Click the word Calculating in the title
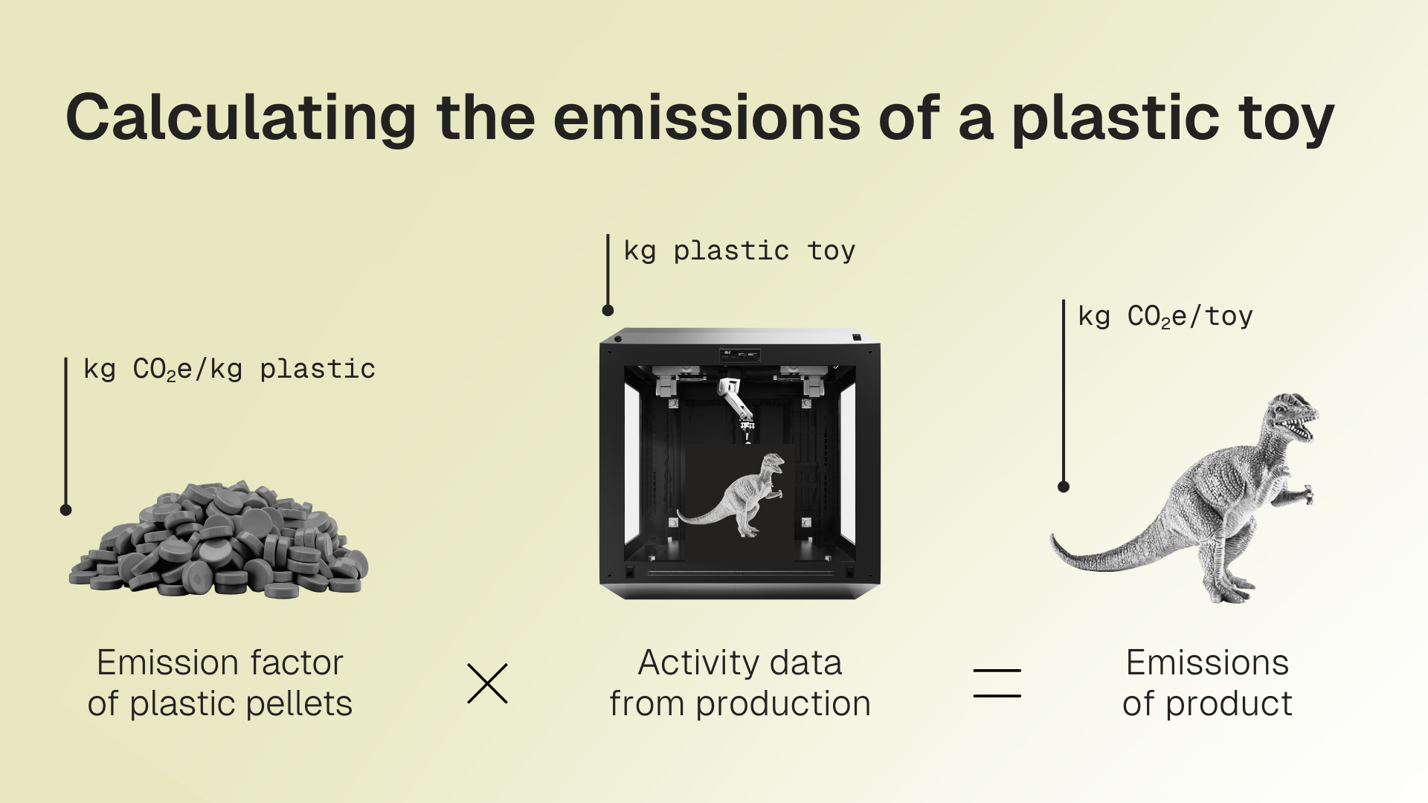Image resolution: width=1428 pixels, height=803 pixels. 241,118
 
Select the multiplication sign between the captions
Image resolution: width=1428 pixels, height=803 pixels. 487,683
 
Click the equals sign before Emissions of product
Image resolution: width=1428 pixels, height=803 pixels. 997,683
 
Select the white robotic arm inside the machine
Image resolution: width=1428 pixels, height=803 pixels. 736,406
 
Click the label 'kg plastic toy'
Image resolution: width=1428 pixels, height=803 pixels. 739,251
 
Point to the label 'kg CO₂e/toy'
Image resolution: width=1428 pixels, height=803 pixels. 1165,317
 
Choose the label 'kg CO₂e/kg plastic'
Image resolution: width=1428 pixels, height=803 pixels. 229,370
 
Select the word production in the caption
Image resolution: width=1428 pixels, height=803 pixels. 783,703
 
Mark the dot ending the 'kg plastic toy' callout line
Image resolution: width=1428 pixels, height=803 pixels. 608,311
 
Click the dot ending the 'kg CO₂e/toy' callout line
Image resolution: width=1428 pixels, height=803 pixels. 1064,487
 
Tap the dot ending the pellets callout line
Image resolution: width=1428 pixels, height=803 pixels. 66,510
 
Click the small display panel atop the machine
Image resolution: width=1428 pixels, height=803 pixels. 740,355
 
